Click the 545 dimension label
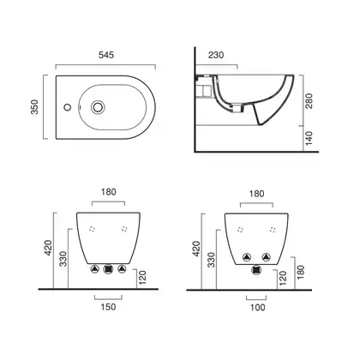pos(106,55)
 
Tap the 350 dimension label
pos(34,107)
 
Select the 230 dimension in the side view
pos(216,55)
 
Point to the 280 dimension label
pos(309,101)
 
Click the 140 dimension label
pos(309,138)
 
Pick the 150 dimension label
pos(108,307)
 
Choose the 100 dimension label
pos(258,308)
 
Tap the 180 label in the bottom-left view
pos(109,192)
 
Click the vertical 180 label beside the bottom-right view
pos(301,272)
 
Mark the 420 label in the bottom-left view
pos(48,248)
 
